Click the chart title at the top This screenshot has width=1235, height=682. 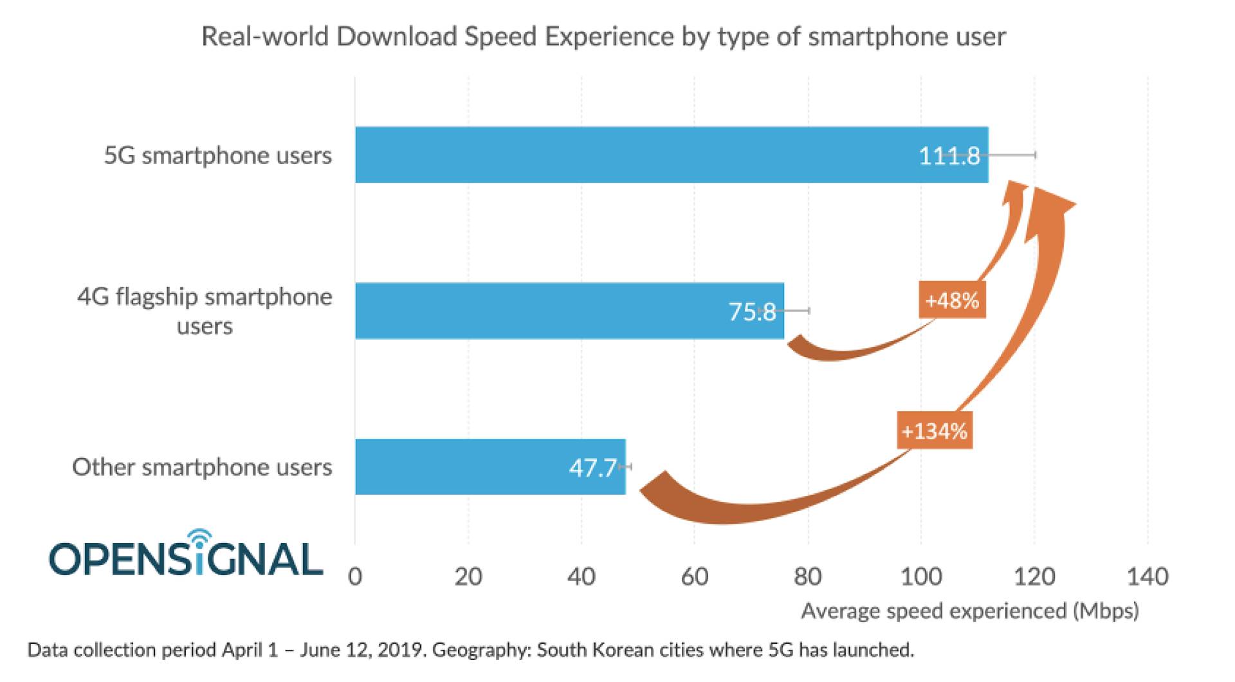click(x=603, y=37)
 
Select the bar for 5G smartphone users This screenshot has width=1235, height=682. click(x=672, y=154)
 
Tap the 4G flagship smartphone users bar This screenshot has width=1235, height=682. click(x=569, y=311)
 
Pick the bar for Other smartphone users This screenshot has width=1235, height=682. click(x=490, y=467)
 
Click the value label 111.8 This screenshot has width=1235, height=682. click(x=949, y=156)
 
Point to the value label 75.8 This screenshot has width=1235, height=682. click(x=752, y=312)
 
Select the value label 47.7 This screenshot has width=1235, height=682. click(x=592, y=468)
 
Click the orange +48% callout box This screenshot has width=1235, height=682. click(x=952, y=300)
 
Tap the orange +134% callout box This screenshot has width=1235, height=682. click(x=935, y=430)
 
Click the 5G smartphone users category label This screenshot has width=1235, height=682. click(x=218, y=156)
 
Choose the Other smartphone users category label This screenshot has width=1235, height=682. click(x=202, y=467)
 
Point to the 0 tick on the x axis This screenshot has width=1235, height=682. click(x=355, y=576)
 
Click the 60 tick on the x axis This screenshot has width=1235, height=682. click(x=695, y=576)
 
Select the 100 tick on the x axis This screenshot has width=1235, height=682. click(x=921, y=576)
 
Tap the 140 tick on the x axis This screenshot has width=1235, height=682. click(x=1148, y=576)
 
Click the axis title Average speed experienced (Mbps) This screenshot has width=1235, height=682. click(x=969, y=611)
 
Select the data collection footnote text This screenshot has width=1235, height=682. click(x=470, y=650)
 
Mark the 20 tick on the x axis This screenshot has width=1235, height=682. click(x=468, y=576)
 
